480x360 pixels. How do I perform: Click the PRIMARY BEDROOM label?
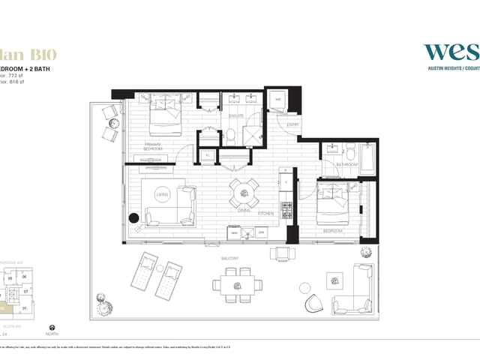(153, 146)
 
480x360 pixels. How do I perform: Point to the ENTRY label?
(292, 124)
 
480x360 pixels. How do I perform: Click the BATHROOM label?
(346, 163)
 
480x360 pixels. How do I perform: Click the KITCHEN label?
(266, 214)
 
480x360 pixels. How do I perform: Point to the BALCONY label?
(230, 258)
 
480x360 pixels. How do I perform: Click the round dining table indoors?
(244, 193)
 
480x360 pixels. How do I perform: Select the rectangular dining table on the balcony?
(237, 285)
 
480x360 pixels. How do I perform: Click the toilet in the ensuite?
(232, 134)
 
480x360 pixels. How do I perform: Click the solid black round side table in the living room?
(134, 219)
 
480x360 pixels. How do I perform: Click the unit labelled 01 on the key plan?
(24, 307)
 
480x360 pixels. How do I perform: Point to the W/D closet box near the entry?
(277, 100)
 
